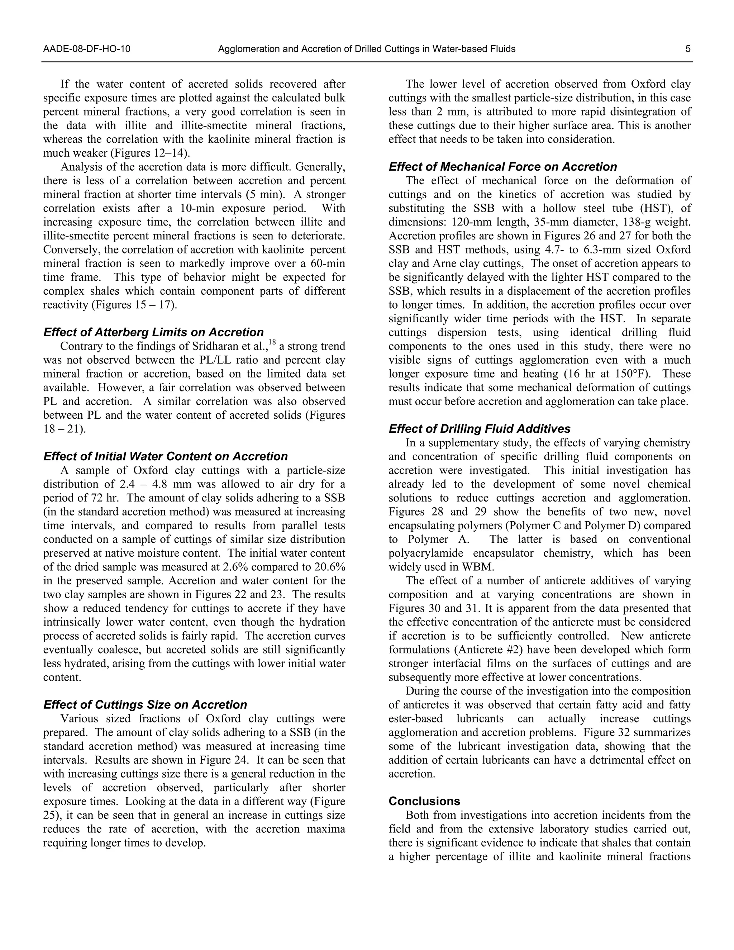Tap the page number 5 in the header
coord(688,49)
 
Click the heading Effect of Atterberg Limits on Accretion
coord(153,332)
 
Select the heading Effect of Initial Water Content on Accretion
coord(165,456)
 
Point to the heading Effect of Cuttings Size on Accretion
coord(145,705)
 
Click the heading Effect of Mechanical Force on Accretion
coord(502,167)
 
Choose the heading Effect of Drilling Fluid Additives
coord(479,429)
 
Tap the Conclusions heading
coord(424,801)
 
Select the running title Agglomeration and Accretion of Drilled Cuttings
coord(366,49)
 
